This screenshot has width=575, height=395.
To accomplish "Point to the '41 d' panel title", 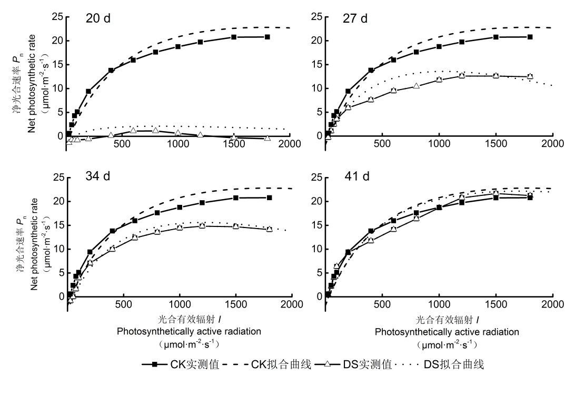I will pyautogui.click(x=356, y=176).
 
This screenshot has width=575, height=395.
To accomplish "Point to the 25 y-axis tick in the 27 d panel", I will pyautogui.click(x=316, y=17).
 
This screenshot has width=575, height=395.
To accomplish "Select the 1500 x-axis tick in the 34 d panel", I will pyautogui.click(x=236, y=304).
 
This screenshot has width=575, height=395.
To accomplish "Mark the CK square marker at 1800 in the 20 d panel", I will pyautogui.click(x=267, y=37).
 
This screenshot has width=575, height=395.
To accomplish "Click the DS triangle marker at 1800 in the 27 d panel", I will pyautogui.click(x=530, y=76).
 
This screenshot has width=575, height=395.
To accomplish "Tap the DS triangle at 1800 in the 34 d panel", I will pyautogui.click(x=270, y=229).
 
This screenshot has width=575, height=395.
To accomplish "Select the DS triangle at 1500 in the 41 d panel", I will pyautogui.click(x=495, y=193).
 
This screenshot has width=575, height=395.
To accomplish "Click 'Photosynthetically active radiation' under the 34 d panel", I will pyautogui.click(x=189, y=332).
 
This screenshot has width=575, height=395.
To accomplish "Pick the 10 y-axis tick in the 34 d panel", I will pyautogui.click(x=57, y=249).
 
